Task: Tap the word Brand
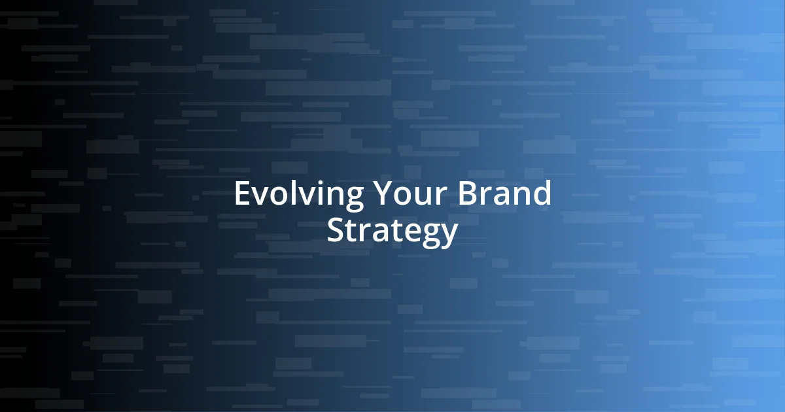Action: click(504, 194)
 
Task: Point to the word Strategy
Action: click(392, 231)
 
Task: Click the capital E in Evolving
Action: click(241, 194)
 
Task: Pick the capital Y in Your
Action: click(383, 194)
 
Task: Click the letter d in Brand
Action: click(542, 194)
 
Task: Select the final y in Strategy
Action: click(449, 235)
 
